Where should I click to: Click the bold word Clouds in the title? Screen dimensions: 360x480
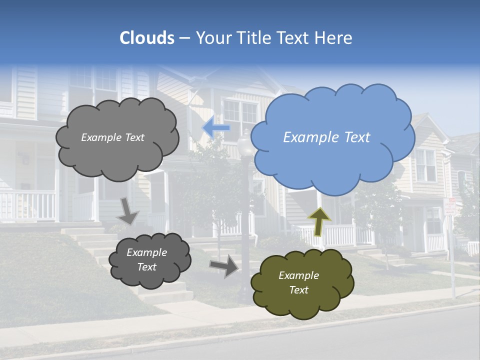click(147, 38)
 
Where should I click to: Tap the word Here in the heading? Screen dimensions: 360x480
click(335, 38)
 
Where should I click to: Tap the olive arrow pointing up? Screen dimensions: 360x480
click(319, 220)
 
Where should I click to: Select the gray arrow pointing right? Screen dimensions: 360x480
click(224, 265)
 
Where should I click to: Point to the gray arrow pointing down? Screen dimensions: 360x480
click(128, 211)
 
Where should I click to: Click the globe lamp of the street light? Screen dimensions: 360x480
click(245, 145)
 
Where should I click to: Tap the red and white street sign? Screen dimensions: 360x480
click(450, 206)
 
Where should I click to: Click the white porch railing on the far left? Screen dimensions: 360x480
click(27, 205)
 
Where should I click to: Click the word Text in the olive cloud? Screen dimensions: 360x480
click(299, 290)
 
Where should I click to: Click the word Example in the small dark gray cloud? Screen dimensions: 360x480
click(146, 252)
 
